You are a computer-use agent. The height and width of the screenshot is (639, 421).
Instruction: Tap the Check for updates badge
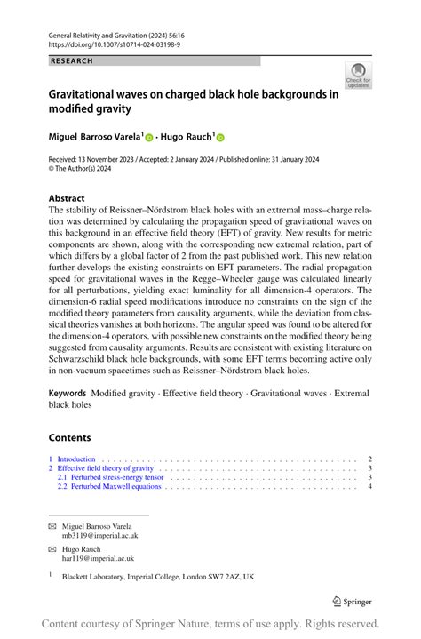pyautogui.click(x=359, y=76)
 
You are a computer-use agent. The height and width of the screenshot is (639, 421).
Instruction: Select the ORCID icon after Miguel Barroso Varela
pyautogui.click(x=150, y=138)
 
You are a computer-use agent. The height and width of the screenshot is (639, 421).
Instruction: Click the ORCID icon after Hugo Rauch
pyautogui.click(x=220, y=138)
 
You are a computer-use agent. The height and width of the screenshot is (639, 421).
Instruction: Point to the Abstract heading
pyautogui.click(x=67, y=198)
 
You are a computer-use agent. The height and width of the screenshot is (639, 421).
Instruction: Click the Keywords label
pyautogui.click(x=68, y=393)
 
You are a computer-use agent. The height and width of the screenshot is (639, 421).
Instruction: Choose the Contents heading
pyautogui.click(x=70, y=437)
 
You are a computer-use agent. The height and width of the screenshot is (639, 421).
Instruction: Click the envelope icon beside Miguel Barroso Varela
pyautogui.click(x=52, y=527)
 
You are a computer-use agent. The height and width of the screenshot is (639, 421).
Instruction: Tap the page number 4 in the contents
pyautogui.click(x=369, y=487)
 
